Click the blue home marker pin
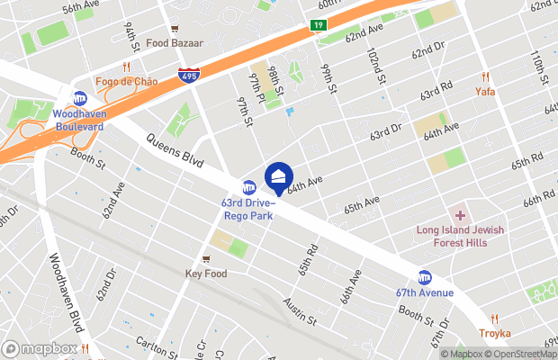278,175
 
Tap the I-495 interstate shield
189,77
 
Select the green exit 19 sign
319,26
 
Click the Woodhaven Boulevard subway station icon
80,99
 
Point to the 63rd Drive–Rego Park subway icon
249,186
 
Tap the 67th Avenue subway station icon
424,277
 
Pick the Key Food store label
206,273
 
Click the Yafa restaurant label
485,91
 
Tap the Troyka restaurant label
495,333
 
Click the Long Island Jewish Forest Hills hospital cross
460,215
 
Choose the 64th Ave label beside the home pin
304,183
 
